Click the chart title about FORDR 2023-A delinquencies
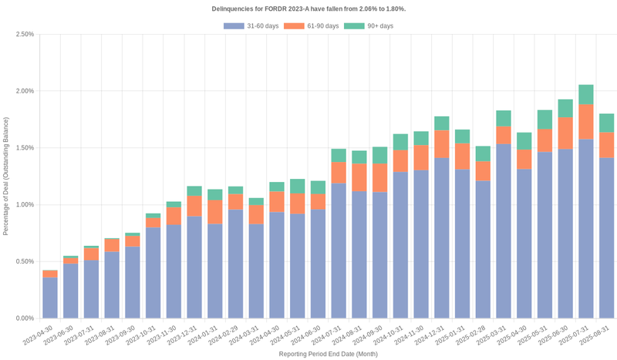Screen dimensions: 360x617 click(308, 8)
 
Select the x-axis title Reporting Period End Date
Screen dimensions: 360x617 click(327, 354)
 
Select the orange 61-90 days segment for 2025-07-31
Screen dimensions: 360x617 click(586, 122)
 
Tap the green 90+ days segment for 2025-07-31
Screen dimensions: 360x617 click(586, 94)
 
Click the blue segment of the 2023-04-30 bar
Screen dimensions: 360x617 click(50, 298)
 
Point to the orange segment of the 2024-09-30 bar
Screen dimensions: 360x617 click(379, 177)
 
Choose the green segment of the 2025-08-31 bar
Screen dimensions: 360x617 click(606, 123)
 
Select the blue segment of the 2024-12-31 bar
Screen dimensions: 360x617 click(442, 238)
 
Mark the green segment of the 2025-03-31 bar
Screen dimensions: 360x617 click(504, 118)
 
